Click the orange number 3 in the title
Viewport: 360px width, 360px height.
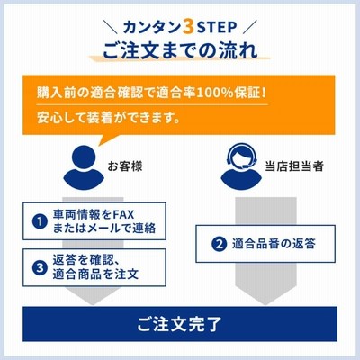pyautogui.click(x=189, y=28)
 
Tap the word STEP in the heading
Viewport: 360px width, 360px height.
pyautogui.click(x=217, y=28)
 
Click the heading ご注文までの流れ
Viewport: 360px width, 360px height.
pyautogui.click(x=180, y=50)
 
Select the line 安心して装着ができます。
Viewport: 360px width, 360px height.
pyautogui.click(x=109, y=118)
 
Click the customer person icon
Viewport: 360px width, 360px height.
pyautogui.click(x=84, y=167)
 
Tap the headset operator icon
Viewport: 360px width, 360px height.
pyautogui.click(x=241, y=167)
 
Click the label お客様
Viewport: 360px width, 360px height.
pyautogui.click(x=125, y=166)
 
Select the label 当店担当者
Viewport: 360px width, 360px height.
pyautogui.click(x=294, y=166)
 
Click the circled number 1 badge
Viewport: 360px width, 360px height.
pyautogui.click(x=40, y=222)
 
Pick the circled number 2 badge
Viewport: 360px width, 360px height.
pyautogui.click(x=220, y=244)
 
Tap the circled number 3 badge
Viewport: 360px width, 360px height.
pyautogui.click(x=40, y=267)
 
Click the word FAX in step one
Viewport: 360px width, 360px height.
pyautogui.click(x=123, y=215)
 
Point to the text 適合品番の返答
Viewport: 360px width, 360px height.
pyautogui.click(x=274, y=244)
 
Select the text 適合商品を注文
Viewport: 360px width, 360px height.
pyautogui.click(x=95, y=274)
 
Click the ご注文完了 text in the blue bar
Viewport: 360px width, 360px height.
pyautogui.click(x=179, y=324)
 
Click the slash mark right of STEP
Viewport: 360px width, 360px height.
pyautogui.click(x=250, y=27)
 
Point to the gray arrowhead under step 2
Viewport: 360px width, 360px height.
pyautogui.click(x=265, y=296)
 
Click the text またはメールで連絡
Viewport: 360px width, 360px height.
pyautogui.click(x=104, y=229)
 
